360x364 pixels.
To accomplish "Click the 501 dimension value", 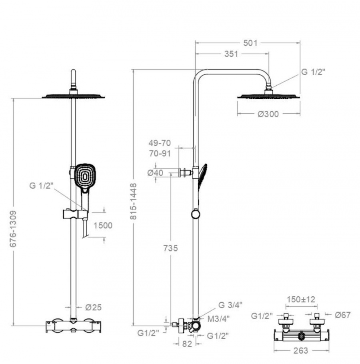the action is click(250, 43).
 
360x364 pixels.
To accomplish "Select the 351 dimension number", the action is click(231, 54).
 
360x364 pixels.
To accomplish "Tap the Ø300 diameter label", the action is click(268, 114).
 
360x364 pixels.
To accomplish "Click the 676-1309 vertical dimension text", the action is click(14, 229).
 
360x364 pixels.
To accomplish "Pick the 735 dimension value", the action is click(170, 248).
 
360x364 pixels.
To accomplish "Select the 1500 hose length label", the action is click(103, 225).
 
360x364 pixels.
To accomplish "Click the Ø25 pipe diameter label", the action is click(94, 308).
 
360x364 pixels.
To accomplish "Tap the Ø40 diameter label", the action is click(156, 173).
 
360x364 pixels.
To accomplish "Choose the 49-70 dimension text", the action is click(160, 143).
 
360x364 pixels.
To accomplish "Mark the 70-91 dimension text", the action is click(160, 153).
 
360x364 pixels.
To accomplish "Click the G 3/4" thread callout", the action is click(230, 305).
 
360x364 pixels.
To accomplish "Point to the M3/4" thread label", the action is click(218, 319).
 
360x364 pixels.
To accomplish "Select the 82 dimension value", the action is click(187, 344).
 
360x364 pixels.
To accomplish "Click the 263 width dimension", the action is click(301, 350).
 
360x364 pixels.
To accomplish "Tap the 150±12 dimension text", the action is click(301, 300).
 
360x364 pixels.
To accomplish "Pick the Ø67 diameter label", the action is click(343, 315).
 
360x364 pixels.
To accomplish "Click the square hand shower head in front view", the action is click(84, 177).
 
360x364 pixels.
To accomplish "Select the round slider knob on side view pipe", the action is click(196, 214).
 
